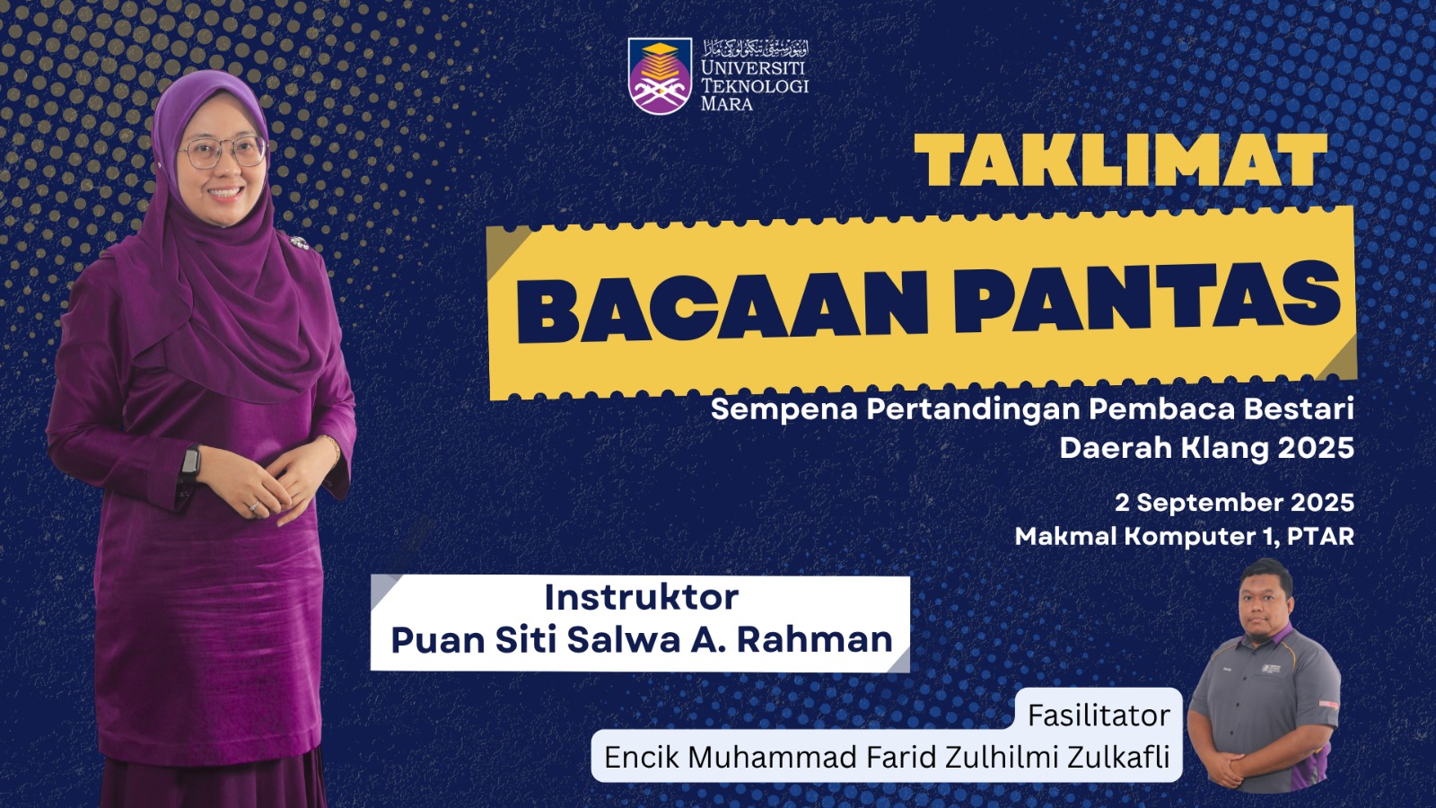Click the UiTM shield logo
coord(660,75)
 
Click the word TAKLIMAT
coord(1121,161)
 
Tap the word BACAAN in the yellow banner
coord(722,305)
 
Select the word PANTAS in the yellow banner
coord(1148,297)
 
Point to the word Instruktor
coord(641,597)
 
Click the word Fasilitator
coord(1099,715)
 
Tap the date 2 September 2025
coord(1234,502)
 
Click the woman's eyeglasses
coord(223,153)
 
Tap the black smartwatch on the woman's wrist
coord(189,462)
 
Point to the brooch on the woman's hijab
coord(298,242)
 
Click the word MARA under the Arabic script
coord(726,103)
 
